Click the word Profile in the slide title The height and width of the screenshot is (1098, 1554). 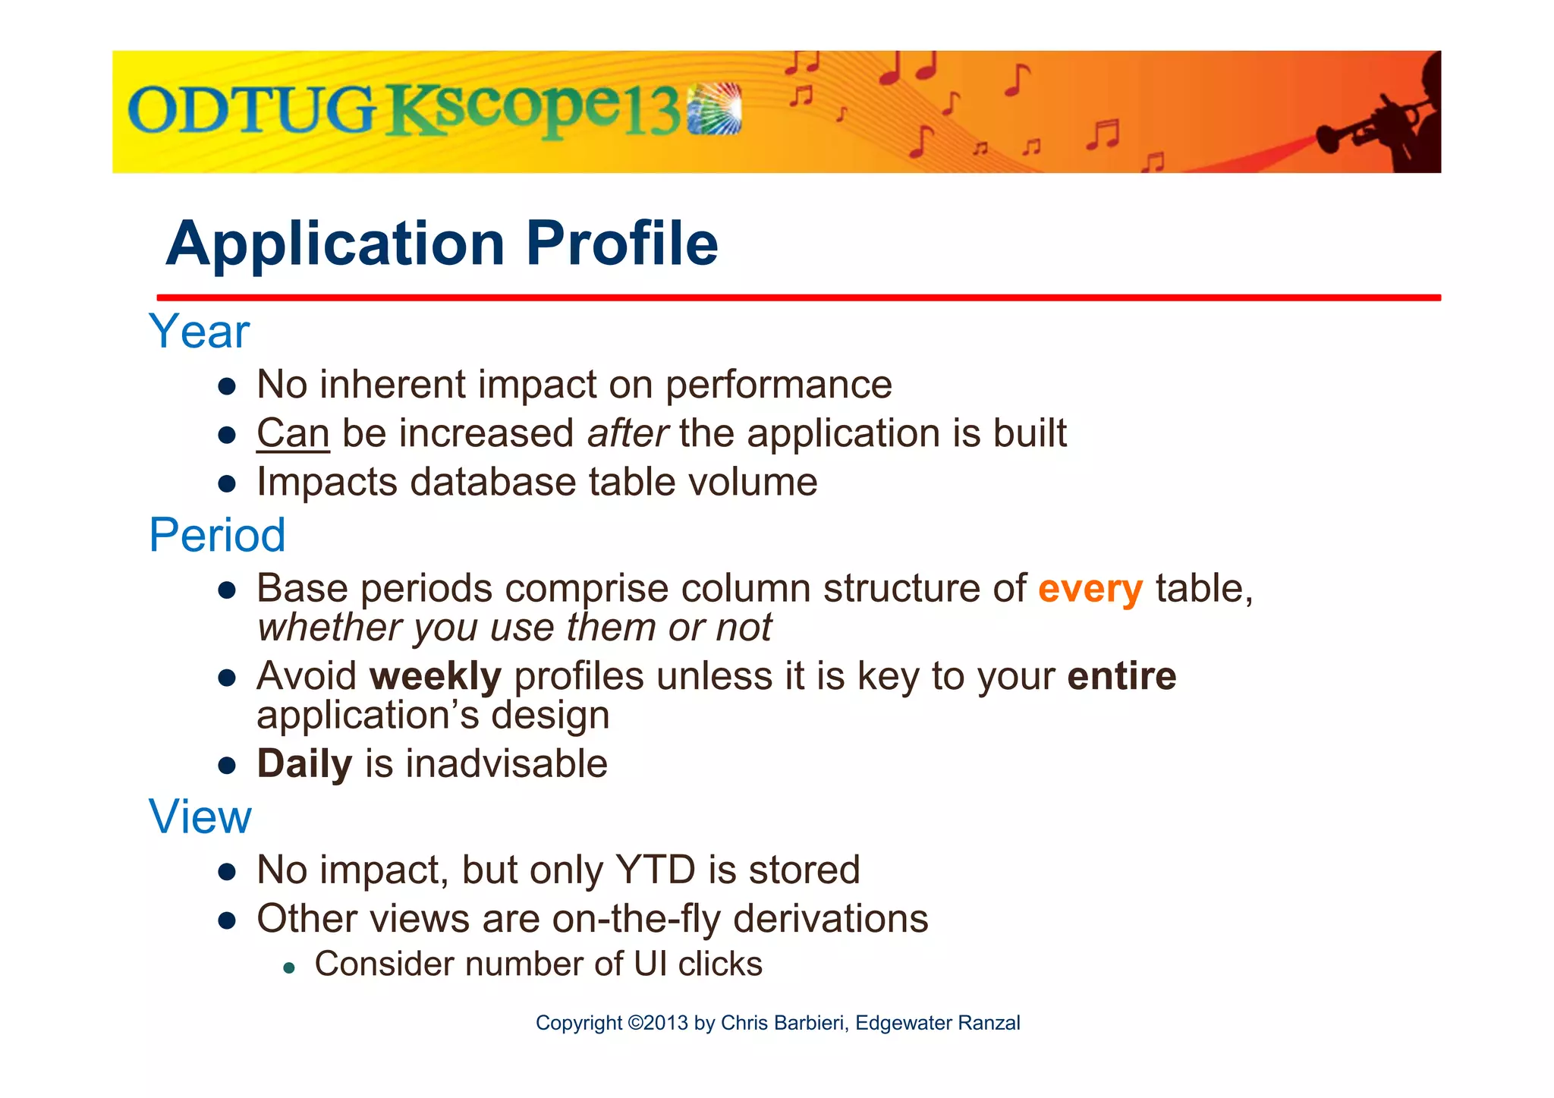pyautogui.click(x=621, y=244)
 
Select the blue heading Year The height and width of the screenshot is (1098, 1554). pyautogui.click(x=199, y=332)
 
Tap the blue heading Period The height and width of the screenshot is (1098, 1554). pyautogui.click(x=217, y=535)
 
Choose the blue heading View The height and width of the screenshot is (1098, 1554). pyautogui.click(x=200, y=817)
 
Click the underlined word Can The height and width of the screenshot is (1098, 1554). pyautogui.click(x=293, y=434)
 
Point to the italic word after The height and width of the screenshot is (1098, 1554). pyautogui.click(x=627, y=434)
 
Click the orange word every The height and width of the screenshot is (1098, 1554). pyautogui.click(x=1090, y=590)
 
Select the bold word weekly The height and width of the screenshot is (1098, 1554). pyautogui.click(x=436, y=676)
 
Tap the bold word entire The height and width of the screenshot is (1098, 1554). pyautogui.click(x=1121, y=676)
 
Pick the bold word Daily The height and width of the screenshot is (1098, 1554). pyautogui.click(x=304, y=764)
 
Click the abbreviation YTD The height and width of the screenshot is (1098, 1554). pyautogui.click(x=655, y=870)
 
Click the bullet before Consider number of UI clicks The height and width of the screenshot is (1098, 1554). pyautogui.click(x=288, y=968)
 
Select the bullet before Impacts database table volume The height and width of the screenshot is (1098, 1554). pyautogui.click(x=227, y=484)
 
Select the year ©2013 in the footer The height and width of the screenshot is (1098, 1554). pyautogui.click(x=658, y=1023)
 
